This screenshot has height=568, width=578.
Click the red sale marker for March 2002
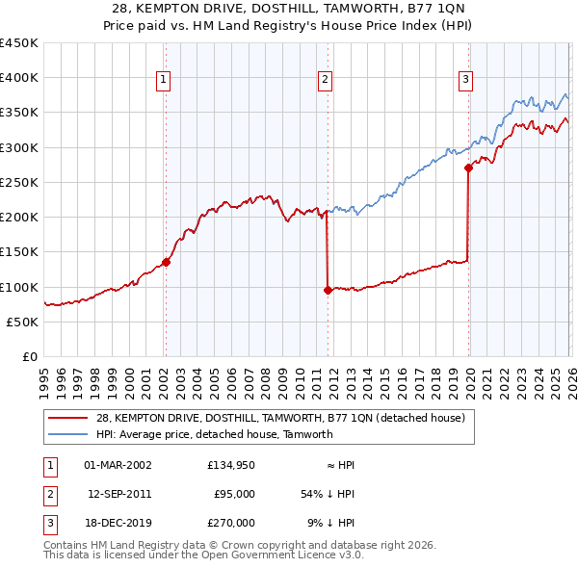pyautogui.click(x=166, y=261)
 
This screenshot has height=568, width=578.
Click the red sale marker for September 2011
pyautogui.click(x=328, y=289)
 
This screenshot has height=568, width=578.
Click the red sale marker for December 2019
pyautogui.click(x=468, y=168)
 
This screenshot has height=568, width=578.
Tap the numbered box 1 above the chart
pyautogui.click(x=164, y=80)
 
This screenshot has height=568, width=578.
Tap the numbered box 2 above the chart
pyautogui.click(x=326, y=80)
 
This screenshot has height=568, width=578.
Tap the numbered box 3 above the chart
pyautogui.click(x=465, y=80)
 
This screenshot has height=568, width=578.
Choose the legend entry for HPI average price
pyautogui.click(x=214, y=434)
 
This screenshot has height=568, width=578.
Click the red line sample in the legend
pyautogui.click(x=68, y=418)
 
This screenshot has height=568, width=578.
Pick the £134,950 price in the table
pyautogui.click(x=230, y=465)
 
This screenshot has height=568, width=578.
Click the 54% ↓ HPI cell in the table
pyautogui.click(x=328, y=494)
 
